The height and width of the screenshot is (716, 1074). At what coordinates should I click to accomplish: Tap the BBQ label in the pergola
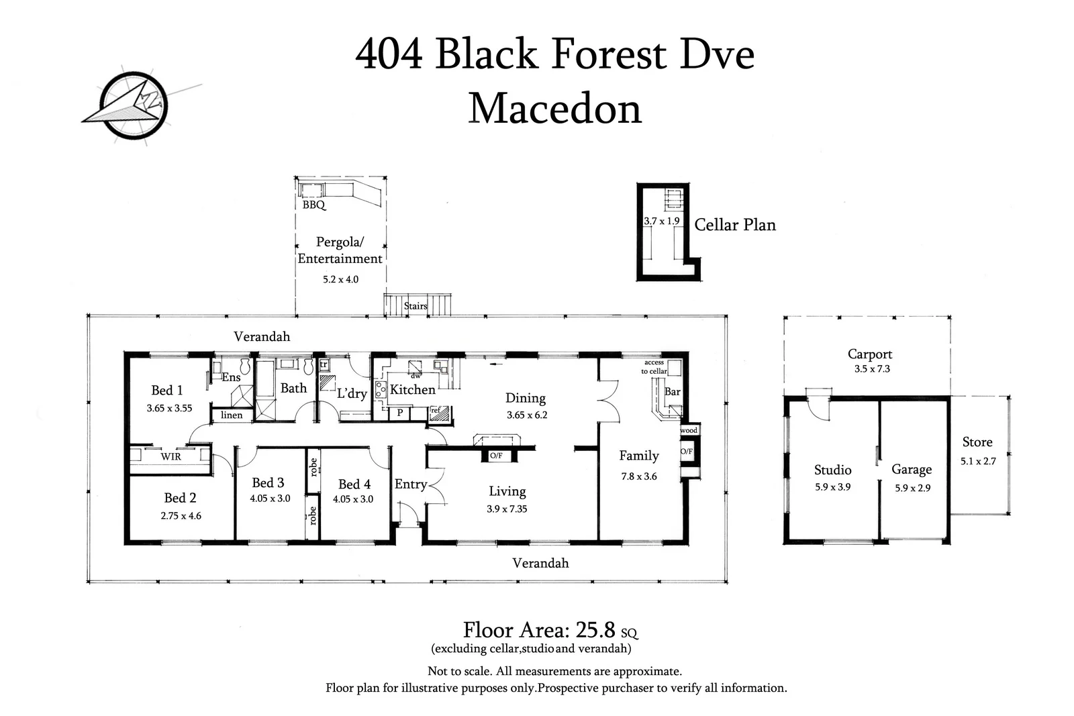pyautogui.click(x=313, y=205)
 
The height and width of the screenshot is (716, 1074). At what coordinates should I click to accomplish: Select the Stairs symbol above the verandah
pyautogui.click(x=416, y=305)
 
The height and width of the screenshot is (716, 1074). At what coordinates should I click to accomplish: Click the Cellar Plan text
pyautogui.click(x=735, y=225)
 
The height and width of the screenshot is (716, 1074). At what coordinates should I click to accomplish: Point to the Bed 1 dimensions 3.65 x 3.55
pyautogui.click(x=169, y=408)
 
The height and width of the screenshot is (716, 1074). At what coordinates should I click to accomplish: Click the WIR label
pyautogui.click(x=170, y=457)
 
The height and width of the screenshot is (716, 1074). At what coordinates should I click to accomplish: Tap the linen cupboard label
pyautogui.click(x=232, y=415)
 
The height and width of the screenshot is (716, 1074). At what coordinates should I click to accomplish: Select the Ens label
pyautogui.click(x=231, y=378)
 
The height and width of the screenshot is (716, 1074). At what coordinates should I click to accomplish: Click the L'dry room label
pyautogui.click(x=352, y=393)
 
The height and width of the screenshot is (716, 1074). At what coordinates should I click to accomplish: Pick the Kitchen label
pyautogui.click(x=412, y=389)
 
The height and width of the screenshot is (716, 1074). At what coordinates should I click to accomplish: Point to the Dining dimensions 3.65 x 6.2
pyautogui.click(x=527, y=415)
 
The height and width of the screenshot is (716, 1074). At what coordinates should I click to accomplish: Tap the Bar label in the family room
pyautogui.click(x=672, y=392)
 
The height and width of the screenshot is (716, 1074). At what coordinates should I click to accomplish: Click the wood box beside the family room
pyautogui.click(x=689, y=430)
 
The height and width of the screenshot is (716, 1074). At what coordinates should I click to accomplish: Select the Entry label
pyautogui.click(x=410, y=484)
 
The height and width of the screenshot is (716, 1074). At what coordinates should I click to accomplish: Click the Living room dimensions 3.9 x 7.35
pyautogui.click(x=507, y=509)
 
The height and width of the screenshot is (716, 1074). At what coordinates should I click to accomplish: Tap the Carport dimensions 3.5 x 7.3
pyautogui.click(x=872, y=369)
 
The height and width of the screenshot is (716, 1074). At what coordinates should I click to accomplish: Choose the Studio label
pyautogui.click(x=832, y=470)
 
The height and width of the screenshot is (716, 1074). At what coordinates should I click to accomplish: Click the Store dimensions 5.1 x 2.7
pyautogui.click(x=978, y=462)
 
